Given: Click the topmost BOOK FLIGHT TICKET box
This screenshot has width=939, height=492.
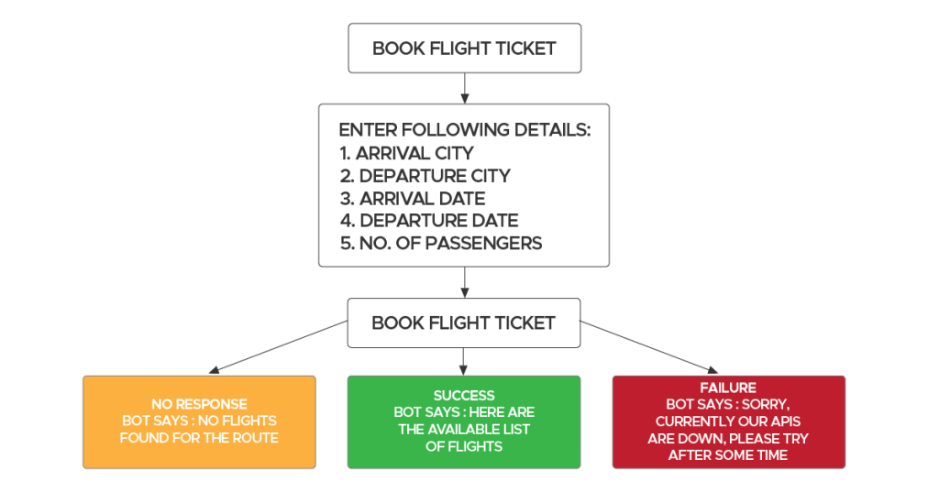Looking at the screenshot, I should click(x=464, y=49).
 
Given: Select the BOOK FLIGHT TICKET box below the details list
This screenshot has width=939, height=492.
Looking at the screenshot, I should click(x=463, y=323).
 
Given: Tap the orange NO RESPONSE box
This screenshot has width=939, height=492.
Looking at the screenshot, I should click(x=199, y=421).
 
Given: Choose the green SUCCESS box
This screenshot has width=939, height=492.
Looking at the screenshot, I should click(x=464, y=421).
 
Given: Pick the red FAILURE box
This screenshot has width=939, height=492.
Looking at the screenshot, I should click(x=728, y=421).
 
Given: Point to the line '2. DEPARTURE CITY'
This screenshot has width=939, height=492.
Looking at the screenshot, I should click(x=425, y=175).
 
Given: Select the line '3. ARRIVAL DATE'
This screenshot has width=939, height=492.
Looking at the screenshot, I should click(x=412, y=198).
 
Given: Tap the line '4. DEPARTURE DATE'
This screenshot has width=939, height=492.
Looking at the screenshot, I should click(x=429, y=220).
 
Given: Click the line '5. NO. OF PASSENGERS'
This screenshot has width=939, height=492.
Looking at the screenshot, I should click(x=440, y=243).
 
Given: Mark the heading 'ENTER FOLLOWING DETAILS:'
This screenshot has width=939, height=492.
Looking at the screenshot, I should click(x=464, y=130).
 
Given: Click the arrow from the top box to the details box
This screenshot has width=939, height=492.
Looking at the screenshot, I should click(x=465, y=88).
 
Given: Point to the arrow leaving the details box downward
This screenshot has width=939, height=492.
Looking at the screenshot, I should click(x=465, y=282).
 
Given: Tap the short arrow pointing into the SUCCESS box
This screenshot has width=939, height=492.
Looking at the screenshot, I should click(x=464, y=361).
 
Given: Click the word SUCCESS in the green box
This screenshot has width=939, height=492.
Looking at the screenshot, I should click(x=464, y=395).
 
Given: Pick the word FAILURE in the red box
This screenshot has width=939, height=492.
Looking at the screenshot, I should click(x=728, y=388).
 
